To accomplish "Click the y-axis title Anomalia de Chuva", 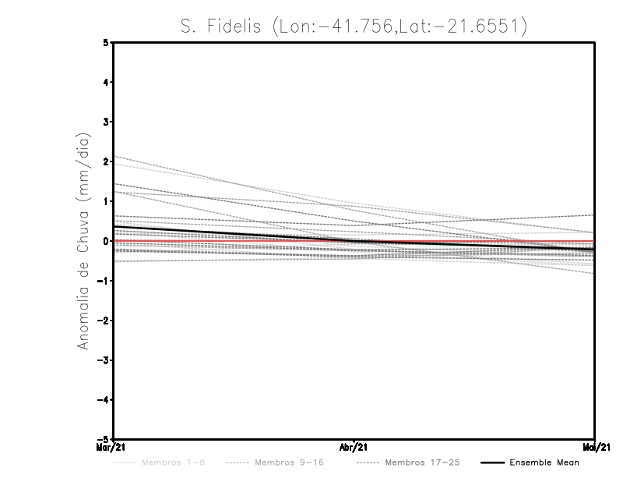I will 83,241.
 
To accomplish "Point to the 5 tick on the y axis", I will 106,43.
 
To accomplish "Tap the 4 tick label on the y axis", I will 106,82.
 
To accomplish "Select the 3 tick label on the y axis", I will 106,122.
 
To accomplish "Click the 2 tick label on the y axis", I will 106,161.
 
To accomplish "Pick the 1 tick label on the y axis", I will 106,201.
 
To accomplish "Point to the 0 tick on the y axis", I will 106,241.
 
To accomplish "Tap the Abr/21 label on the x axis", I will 354,448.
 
